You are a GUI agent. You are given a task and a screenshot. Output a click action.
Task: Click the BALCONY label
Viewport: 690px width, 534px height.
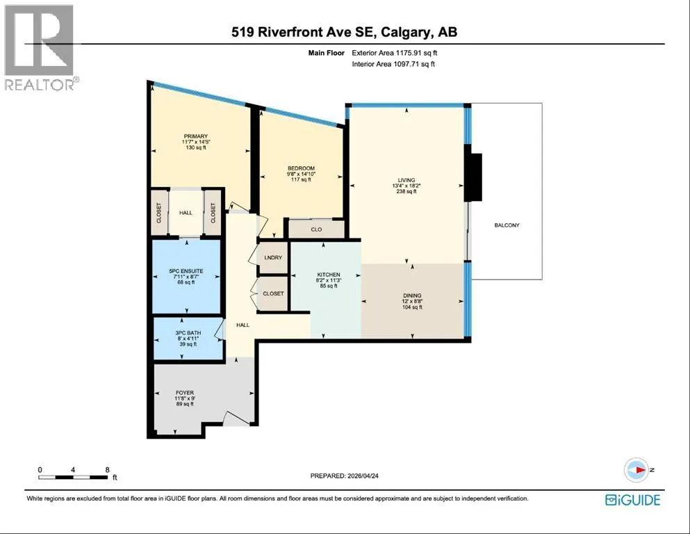(507, 225)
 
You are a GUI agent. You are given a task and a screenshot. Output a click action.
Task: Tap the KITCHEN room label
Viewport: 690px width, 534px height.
(329, 275)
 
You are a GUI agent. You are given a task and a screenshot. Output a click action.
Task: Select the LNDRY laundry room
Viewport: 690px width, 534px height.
(273, 257)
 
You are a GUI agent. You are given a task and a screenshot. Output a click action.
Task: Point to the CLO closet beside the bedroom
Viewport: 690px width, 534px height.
(316, 229)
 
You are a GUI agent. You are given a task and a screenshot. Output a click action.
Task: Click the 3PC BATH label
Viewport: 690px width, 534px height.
(188, 333)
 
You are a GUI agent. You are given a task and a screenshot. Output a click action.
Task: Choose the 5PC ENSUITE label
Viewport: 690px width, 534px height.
(186, 271)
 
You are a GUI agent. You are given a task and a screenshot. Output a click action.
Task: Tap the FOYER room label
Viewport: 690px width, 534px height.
(185, 393)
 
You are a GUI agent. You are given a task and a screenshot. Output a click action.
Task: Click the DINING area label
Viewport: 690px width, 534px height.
(412, 296)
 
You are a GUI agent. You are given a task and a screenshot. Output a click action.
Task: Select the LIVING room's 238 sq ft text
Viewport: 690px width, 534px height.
(406, 191)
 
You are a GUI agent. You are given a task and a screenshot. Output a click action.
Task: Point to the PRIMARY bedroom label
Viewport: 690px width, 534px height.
(196, 136)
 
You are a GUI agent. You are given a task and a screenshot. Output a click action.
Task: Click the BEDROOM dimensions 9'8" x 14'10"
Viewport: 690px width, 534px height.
(302, 174)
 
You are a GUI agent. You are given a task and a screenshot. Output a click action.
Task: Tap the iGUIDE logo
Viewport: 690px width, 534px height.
(633, 500)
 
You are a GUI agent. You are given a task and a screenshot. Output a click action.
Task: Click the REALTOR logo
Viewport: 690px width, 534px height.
(40, 47)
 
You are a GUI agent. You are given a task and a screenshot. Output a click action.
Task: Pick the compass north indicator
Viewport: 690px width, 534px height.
(636, 470)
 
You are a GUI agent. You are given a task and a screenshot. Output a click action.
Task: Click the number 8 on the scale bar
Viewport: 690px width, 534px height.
(108, 470)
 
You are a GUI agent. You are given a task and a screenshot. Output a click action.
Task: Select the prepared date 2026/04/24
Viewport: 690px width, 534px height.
(363, 476)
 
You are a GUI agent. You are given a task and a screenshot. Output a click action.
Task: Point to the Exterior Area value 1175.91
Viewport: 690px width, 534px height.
(409, 53)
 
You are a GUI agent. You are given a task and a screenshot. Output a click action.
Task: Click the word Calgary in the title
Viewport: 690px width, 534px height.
(406, 32)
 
